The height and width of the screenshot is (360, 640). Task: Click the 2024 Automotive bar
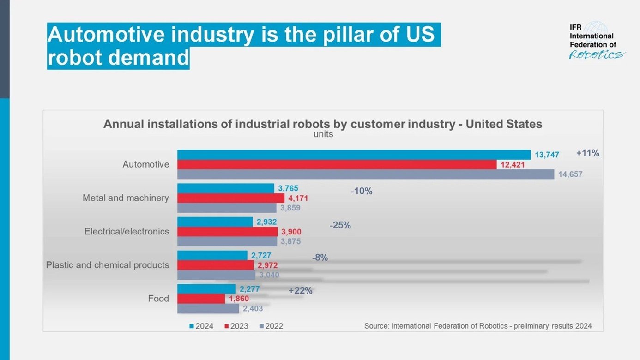[x=354, y=155]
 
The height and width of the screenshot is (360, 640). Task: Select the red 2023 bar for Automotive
[x=337, y=165]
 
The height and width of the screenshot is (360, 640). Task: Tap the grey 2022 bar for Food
[x=208, y=309]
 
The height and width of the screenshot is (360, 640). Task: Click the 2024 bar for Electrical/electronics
[x=215, y=222]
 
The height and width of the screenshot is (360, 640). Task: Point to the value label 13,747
[x=547, y=155]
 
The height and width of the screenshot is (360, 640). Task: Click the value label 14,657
[x=570, y=174]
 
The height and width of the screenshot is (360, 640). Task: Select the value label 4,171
[x=298, y=198]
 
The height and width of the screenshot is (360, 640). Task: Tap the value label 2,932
[x=266, y=222]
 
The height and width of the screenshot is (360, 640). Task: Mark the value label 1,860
[x=239, y=299]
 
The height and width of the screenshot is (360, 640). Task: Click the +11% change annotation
[x=587, y=153]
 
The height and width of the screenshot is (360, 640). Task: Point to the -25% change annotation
[x=340, y=225]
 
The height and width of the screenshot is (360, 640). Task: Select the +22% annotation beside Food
[x=300, y=291]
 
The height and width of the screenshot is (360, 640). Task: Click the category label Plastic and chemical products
[x=107, y=265]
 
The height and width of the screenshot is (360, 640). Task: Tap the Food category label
[x=158, y=299]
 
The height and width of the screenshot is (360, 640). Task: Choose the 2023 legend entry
[x=236, y=326]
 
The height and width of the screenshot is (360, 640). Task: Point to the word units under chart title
[x=323, y=135]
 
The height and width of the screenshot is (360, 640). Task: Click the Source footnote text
[x=477, y=326]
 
